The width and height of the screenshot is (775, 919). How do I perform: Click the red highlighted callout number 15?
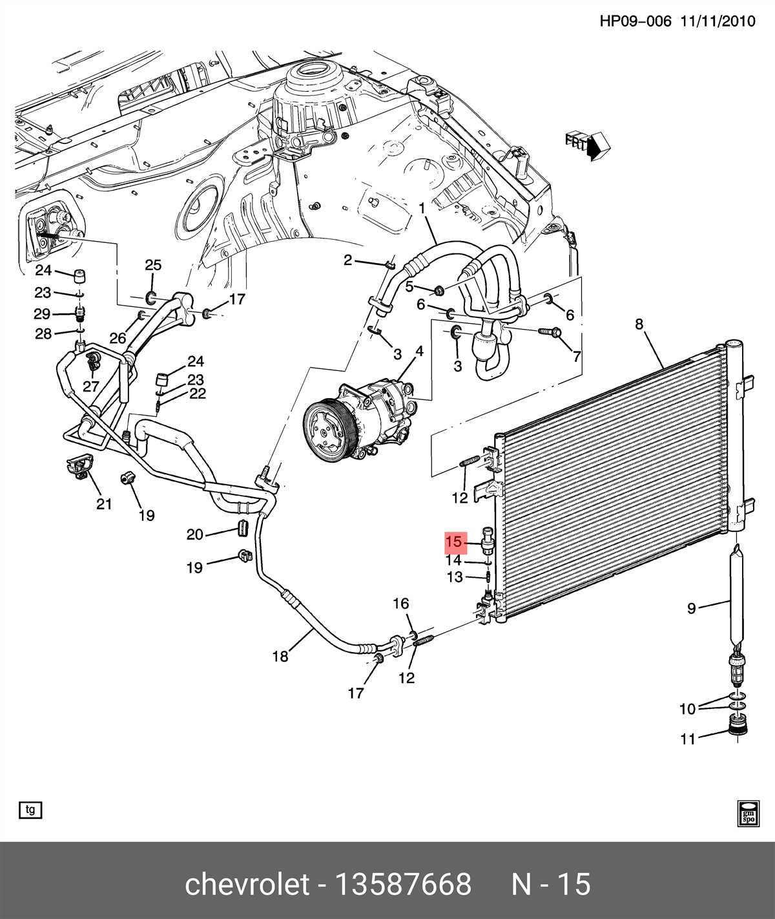point(455,542)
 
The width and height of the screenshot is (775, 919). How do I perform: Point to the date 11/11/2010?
point(718,21)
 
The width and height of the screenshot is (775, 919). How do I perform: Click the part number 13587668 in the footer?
point(402,884)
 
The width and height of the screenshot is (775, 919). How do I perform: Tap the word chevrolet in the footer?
point(247,884)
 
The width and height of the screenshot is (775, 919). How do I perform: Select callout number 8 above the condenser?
point(639,324)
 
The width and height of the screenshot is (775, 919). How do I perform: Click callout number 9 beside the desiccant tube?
point(691,608)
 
